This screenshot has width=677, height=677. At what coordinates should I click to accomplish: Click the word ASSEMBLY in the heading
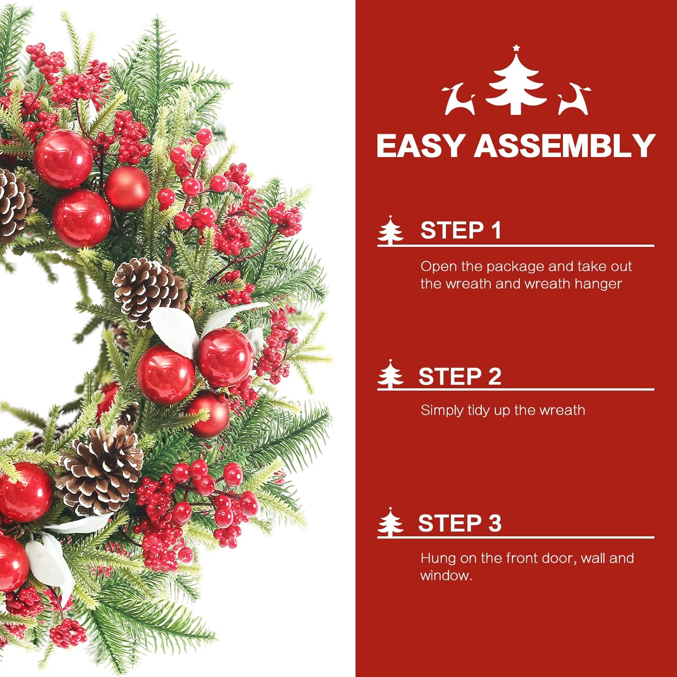(564, 146)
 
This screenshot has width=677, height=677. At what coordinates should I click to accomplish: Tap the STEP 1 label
(461, 230)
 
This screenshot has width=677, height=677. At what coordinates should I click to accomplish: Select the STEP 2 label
(460, 376)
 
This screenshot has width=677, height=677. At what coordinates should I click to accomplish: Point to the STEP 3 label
(459, 523)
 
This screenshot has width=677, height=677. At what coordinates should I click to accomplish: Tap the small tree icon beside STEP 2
(390, 374)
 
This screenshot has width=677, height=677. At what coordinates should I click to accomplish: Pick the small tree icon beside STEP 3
(390, 522)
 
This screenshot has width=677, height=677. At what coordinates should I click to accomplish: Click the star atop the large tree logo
(516, 48)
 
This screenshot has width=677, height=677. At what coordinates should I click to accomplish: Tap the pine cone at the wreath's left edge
(14, 205)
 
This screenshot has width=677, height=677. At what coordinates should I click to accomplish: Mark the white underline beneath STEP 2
(516, 389)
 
